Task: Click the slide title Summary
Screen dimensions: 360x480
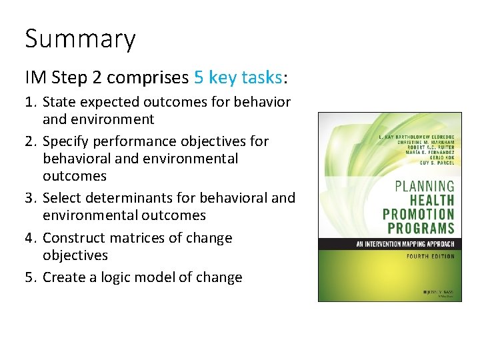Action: pyautogui.click(x=80, y=39)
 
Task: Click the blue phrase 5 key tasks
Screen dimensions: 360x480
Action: pyautogui.click(x=238, y=77)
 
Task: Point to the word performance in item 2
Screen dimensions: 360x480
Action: pyautogui.click(x=133, y=141)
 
